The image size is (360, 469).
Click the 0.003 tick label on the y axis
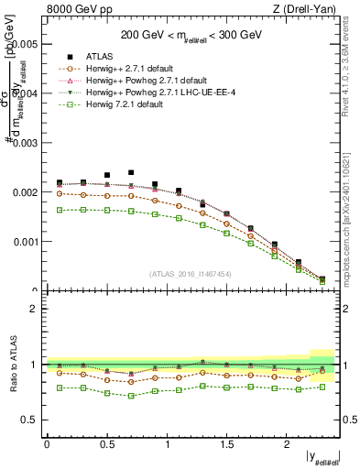coord(25,143)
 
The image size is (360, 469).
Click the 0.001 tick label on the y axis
coord(25,242)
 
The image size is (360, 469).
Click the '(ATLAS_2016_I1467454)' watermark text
coord(190,274)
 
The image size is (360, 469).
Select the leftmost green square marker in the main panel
coord(60,210)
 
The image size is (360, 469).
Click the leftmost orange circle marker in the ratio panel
coord(60,373)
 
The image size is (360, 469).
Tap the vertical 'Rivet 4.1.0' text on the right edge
coord(351,55)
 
